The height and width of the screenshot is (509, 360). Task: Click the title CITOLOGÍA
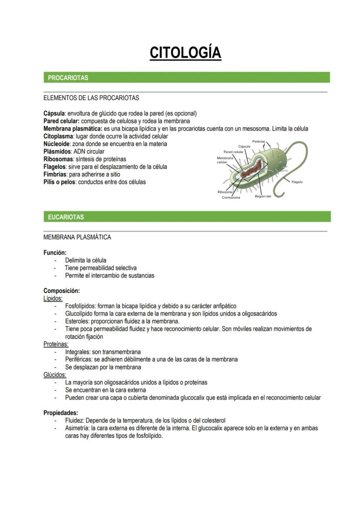pos(186,53)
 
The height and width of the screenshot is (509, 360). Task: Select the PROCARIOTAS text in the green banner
pos(68,78)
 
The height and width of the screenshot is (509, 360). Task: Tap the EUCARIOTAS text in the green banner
pos(66,217)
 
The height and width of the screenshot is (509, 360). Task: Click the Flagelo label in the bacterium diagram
pos(297,182)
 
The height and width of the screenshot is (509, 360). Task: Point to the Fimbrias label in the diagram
pos(259,142)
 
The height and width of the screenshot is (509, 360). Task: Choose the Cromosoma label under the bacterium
pos(231,197)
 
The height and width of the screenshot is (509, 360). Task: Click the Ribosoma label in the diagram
pos(225,192)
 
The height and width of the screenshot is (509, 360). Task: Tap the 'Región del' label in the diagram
pos(263,196)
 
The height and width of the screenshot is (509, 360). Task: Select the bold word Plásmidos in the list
pos(57,151)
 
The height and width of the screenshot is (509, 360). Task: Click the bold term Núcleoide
pos(57,144)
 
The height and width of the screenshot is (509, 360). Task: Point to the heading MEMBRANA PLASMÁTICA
pos(77,237)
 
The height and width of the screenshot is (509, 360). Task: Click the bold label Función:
pos(55,253)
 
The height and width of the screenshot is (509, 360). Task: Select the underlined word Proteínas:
pos(55,344)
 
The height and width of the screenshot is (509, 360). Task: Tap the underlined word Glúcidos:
pos(55,375)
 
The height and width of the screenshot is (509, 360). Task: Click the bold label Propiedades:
pos(61,413)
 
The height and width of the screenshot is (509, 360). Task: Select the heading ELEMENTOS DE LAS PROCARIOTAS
pos(91,98)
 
